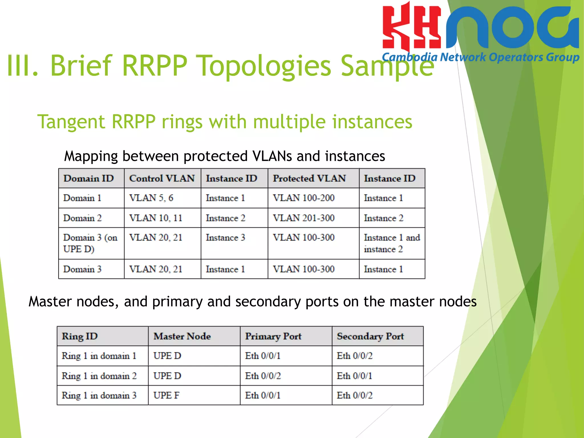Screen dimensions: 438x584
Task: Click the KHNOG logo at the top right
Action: [481, 31]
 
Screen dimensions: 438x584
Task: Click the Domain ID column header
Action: [89, 179]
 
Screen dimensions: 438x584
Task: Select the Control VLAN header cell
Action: [162, 179]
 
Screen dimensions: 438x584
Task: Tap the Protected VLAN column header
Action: [309, 179]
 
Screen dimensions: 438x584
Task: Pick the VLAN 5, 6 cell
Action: [151, 198]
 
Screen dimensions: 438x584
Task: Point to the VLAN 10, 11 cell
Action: [156, 218]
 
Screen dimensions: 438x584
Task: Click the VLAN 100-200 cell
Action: [304, 198]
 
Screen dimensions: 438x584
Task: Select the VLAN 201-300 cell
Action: [304, 218]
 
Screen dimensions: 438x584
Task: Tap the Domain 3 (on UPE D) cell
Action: [90, 243]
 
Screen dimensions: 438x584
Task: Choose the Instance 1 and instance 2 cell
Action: [392, 243]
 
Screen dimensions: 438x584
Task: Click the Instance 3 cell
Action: [226, 238]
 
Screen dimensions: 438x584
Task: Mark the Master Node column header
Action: [182, 336]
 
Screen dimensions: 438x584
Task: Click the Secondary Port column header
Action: [370, 336]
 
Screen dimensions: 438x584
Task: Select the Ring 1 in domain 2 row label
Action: [99, 376]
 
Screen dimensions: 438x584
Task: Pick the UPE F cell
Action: [167, 396]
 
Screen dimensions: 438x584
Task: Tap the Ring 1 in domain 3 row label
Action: [99, 396]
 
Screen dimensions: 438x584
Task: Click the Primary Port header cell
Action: [273, 336]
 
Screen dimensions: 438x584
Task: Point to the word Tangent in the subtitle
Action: [71, 122]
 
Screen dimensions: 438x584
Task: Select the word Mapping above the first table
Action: [91, 156]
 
